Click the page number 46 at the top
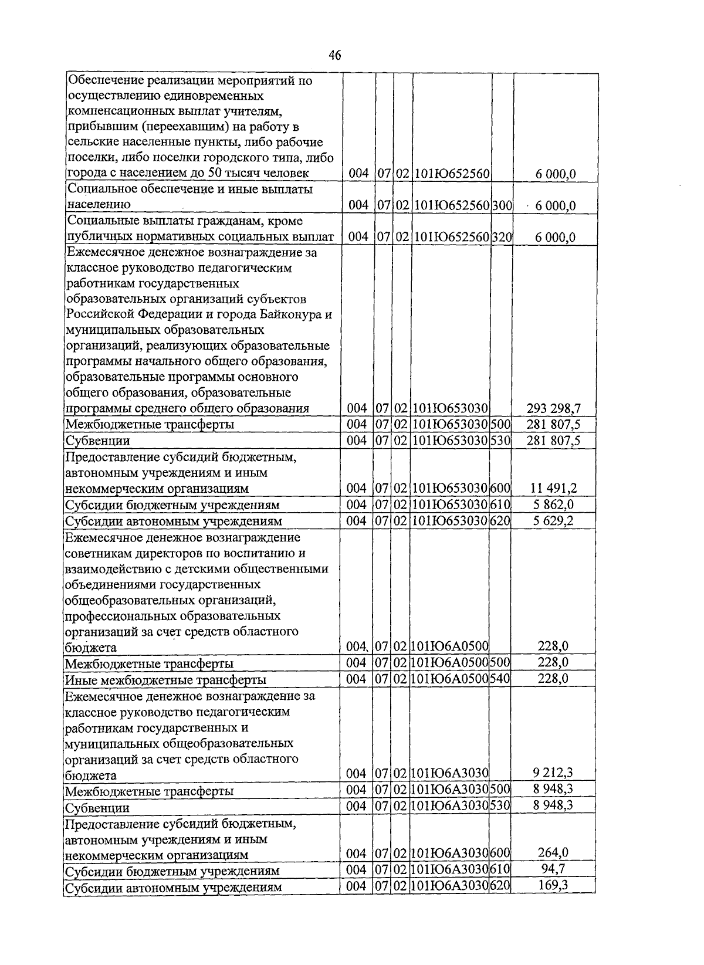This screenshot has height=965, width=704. coord(335,56)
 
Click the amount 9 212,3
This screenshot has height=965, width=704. coord(553,773)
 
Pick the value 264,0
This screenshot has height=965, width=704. coord(553,852)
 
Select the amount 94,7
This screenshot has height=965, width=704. coord(553,868)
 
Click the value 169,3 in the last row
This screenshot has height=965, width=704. coord(553,885)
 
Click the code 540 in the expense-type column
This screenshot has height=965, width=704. coord(500,679)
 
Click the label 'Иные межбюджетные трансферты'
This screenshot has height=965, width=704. coord(165,680)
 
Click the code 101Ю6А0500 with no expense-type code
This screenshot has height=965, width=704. coord(451,646)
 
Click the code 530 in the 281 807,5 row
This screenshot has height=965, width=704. coord(500,441)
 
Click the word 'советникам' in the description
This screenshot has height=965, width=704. coord(98,553)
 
